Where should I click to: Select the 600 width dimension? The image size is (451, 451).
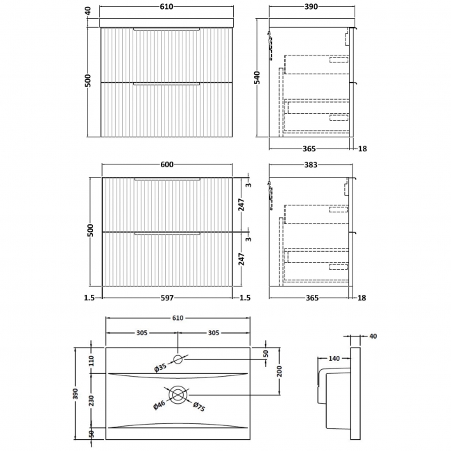coord(167,164)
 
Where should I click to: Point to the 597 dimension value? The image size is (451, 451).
coord(167,298)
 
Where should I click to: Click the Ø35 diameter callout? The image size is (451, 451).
coord(161,368)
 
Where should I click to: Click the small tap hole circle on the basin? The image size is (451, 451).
coord(178,359)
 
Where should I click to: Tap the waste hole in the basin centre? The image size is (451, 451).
coord(178,395)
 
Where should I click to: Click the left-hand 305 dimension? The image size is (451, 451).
coord(142,332)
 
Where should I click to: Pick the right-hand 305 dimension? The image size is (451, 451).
coord(213,332)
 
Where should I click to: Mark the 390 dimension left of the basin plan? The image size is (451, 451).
coord(77,393)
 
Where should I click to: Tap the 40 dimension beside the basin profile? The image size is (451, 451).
coord(373,337)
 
